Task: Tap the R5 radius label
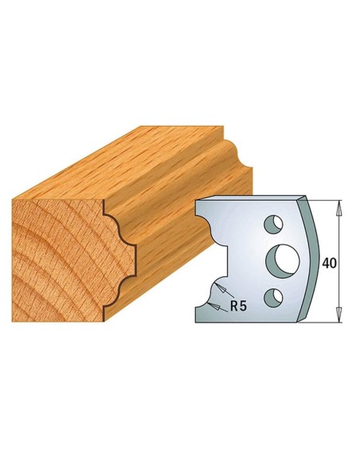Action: (x=235, y=303)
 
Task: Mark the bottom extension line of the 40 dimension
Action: (x=327, y=324)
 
